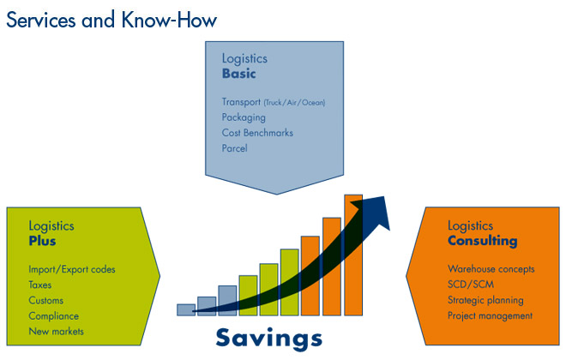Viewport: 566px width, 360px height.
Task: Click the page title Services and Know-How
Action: [111, 20]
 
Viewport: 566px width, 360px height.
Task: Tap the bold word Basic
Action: [239, 74]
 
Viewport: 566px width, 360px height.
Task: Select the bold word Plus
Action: [42, 241]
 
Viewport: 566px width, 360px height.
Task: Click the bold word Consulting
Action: [483, 241]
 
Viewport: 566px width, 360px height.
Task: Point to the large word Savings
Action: [269, 339]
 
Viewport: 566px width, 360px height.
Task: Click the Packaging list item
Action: [244, 117]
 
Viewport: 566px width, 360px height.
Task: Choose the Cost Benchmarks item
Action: [257, 133]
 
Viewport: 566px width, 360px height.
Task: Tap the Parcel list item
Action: [235, 148]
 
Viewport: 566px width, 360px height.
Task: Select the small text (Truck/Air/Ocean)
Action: [294, 103]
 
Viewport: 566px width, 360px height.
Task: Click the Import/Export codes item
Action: [72, 269]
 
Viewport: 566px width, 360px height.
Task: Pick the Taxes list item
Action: [40, 285]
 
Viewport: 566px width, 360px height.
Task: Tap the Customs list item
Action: [45, 301]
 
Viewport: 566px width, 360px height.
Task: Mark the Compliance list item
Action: [53, 316]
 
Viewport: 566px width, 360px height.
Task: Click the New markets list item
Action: [56, 331]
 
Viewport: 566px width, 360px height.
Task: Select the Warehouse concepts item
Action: [491, 269]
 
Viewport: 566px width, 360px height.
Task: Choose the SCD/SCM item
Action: [471, 285]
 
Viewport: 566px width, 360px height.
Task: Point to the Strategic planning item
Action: [485, 300]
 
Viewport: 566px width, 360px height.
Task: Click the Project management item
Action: [490, 315]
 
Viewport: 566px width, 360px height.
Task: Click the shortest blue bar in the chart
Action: [186, 310]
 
